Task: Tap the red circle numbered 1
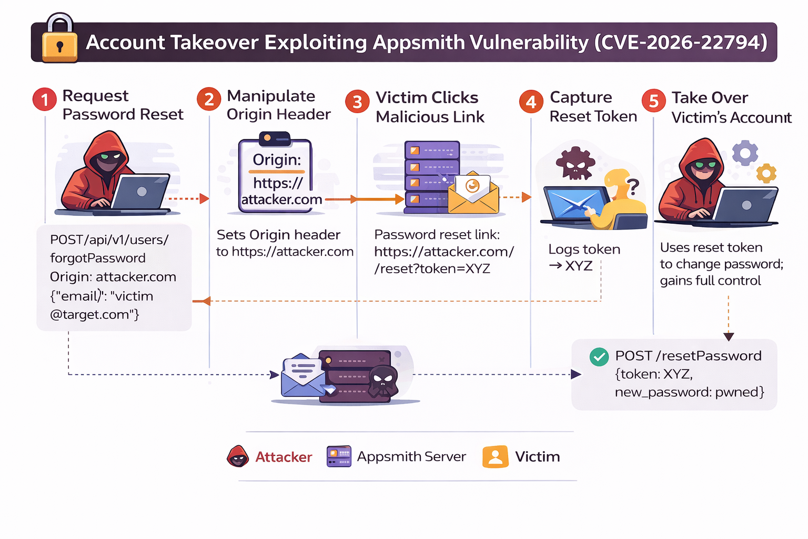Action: pos(45,99)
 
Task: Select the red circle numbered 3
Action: pos(357,102)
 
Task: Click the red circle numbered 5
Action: pos(654,100)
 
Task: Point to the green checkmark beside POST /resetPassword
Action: pos(599,357)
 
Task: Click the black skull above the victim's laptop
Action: pos(575,164)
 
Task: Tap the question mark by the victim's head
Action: pos(633,186)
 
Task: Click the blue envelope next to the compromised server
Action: pos(304,376)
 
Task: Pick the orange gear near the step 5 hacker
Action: pos(766,173)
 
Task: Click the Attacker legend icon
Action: pos(238,456)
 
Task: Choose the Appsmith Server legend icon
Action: pos(339,456)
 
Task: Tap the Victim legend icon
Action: pos(496,456)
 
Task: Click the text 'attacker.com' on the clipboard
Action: pos(281,199)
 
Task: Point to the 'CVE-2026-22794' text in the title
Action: pos(681,42)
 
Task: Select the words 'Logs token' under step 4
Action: pos(584,249)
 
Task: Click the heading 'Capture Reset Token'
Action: pos(593,106)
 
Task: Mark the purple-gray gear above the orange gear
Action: pos(745,153)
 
